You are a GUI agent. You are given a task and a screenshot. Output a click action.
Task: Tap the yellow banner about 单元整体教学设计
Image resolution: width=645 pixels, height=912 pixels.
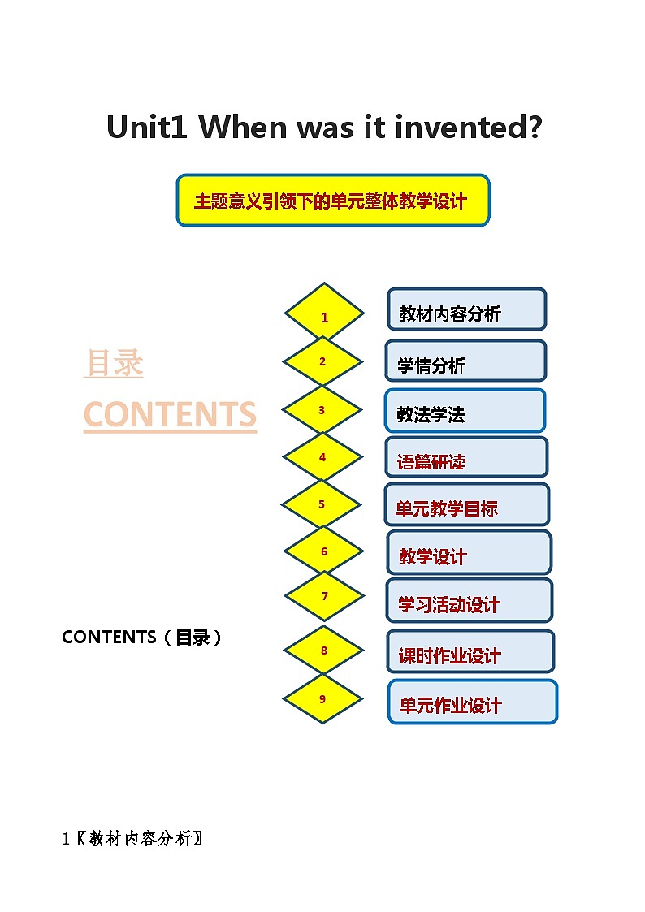coord(332,200)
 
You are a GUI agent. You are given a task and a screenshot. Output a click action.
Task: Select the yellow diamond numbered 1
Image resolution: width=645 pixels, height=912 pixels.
coord(324,316)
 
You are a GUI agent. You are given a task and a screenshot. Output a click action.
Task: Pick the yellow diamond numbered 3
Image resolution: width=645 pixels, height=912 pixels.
coord(322,410)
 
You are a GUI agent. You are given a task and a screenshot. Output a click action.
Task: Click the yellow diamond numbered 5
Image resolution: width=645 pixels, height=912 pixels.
coord(321,504)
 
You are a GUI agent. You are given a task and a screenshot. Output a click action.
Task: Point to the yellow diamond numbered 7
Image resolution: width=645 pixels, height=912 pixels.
coord(324,596)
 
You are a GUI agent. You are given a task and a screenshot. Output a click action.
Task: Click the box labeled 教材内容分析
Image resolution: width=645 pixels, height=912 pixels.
coord(466,309)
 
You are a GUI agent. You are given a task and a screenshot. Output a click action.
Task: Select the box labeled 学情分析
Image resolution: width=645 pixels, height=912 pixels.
coord(465,361)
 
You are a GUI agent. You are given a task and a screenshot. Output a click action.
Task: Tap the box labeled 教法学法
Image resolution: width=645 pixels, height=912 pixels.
coord(465,411)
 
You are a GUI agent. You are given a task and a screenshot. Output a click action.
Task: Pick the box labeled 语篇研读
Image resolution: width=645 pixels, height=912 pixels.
coord(466,458)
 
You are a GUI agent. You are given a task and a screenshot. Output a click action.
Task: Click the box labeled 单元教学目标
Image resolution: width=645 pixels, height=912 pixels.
coord(467,505)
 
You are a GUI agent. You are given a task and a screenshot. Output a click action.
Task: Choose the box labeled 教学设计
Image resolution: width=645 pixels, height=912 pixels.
coord(469,552)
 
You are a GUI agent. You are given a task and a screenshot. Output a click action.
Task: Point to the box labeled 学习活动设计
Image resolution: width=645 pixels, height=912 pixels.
coord(469,601)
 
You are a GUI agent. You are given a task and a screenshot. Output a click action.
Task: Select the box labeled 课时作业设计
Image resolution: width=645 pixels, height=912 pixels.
coord(470,652)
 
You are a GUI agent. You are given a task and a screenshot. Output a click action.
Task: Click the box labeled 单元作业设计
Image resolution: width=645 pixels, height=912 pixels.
coord(472,702)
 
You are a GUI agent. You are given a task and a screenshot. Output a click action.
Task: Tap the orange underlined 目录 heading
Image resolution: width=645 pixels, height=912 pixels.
coord(114,363)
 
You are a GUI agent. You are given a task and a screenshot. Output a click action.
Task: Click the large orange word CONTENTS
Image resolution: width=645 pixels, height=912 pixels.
coord(170,414)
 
